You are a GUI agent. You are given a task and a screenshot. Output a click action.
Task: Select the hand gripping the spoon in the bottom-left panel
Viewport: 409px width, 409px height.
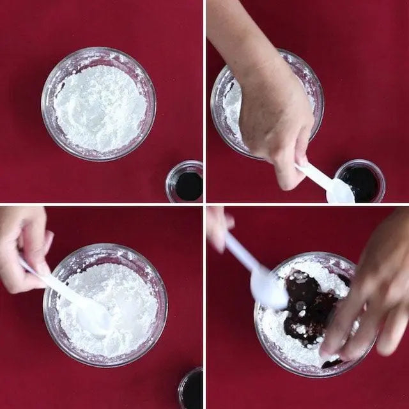pyautogui.click(x=22, y=246)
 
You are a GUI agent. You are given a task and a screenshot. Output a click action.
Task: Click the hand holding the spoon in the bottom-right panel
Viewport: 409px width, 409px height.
pyautogui.click(x=218, y=227)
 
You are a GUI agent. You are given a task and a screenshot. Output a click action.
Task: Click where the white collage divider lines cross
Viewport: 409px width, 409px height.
pyautogui.click(x=204, y=204)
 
